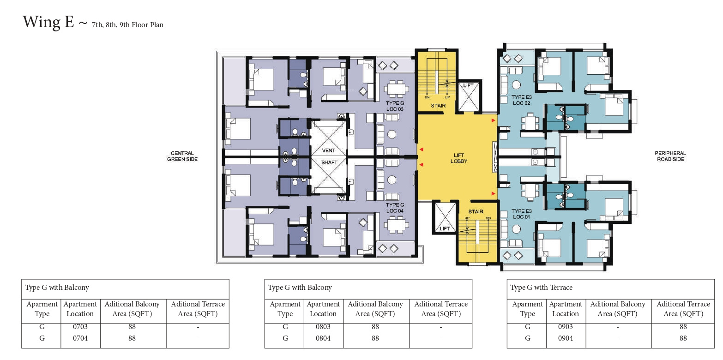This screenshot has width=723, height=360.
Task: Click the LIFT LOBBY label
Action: coord(458,158)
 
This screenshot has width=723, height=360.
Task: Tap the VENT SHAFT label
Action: coord(329,156)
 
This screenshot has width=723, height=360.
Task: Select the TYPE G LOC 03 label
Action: coord(395,106)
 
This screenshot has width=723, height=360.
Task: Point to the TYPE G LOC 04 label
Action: coord(395,208)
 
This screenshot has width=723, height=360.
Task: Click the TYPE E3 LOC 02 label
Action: coord(521,100)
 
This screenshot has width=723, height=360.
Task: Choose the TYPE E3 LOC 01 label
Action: coord(521,214)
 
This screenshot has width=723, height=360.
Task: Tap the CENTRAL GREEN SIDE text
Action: coord(182,156)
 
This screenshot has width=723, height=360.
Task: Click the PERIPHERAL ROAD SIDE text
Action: coord(670,156)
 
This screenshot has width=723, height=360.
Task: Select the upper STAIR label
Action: coord(438,106)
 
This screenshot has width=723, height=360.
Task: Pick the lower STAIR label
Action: coord(476,211)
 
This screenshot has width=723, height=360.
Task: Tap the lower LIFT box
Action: coord(445,217)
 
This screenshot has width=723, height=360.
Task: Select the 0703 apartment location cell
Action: coord(80,326)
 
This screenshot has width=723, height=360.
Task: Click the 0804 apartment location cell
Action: coord(323,338)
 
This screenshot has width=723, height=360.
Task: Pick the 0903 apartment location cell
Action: coord(566,326)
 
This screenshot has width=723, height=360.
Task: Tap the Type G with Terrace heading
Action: coord(541,288)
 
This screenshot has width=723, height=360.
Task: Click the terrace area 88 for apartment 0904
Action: coord(683,338)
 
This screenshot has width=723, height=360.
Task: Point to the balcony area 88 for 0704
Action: coord(132,338)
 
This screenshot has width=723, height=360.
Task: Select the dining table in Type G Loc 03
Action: coord(396,89)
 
